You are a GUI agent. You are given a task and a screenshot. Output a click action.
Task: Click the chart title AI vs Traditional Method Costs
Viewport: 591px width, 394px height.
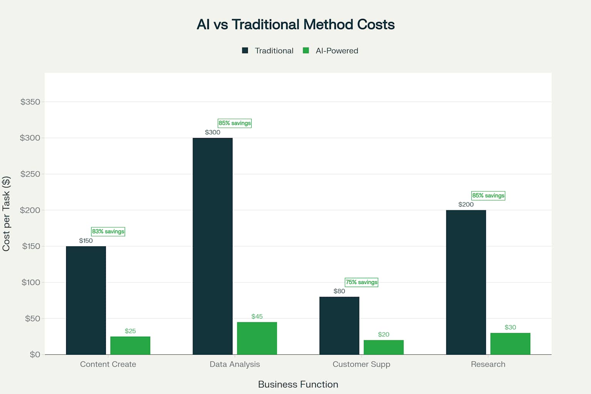(295, 25)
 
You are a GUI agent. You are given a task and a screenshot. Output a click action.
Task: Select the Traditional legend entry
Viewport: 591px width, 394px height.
(268, 51)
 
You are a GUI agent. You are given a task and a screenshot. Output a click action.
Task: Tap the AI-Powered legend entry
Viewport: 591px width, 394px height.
(331, 51)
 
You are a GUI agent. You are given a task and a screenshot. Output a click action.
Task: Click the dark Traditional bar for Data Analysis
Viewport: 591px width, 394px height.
(212, 246)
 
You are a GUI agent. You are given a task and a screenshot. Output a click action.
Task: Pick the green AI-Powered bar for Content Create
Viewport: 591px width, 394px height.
(130, 346)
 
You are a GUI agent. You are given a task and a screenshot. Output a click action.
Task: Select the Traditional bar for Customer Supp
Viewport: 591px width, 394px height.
(339, 326)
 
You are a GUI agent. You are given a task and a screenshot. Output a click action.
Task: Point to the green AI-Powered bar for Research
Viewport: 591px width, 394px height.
(510, 344)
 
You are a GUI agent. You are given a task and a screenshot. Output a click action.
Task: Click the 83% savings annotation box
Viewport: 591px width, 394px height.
(108, 232)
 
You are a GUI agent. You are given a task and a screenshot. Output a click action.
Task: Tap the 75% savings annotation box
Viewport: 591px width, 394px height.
(361, 282)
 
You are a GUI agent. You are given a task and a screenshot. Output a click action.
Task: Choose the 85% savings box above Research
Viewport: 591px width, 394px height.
(488, 195)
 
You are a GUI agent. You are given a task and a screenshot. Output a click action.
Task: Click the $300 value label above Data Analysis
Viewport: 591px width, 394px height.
(212, 132)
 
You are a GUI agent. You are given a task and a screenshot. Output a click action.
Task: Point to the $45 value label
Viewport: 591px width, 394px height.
(257, 317)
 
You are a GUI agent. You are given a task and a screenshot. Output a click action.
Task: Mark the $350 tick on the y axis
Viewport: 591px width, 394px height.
(30, 102)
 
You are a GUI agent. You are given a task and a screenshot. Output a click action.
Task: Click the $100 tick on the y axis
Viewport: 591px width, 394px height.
(30, 282)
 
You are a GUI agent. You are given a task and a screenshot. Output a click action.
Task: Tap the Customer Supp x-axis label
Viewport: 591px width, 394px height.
(361, 364)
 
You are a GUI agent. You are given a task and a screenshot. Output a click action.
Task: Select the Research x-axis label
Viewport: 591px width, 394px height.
(488, 364)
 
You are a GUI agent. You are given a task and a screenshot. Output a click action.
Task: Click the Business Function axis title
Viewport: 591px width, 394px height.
(298, 384)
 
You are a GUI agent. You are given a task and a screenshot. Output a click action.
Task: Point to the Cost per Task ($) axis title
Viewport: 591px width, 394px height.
(6, 214)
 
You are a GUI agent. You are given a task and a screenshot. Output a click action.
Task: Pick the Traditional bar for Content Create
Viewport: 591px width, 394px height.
(86, 300)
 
